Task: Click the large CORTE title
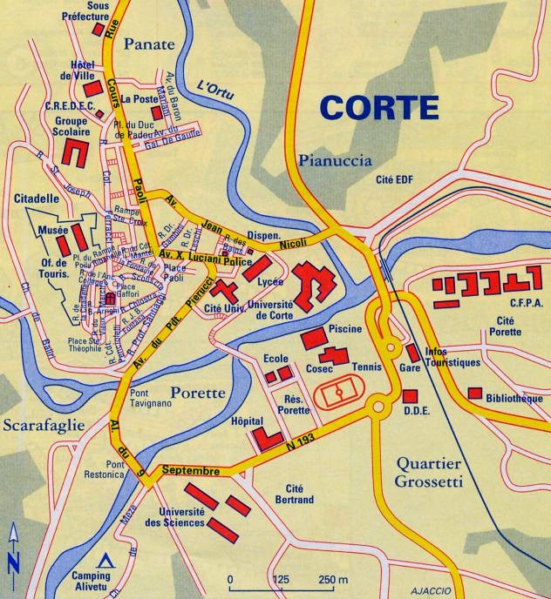[x=378, y=108]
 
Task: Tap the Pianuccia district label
[x=335, y=159]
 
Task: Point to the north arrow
[x=12, y=549]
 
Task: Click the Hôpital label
[x=248, y=421]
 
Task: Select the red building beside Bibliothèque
[x=474, y=394]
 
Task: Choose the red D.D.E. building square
[x=410, y=395]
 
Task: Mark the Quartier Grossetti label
[x=426, y=471]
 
